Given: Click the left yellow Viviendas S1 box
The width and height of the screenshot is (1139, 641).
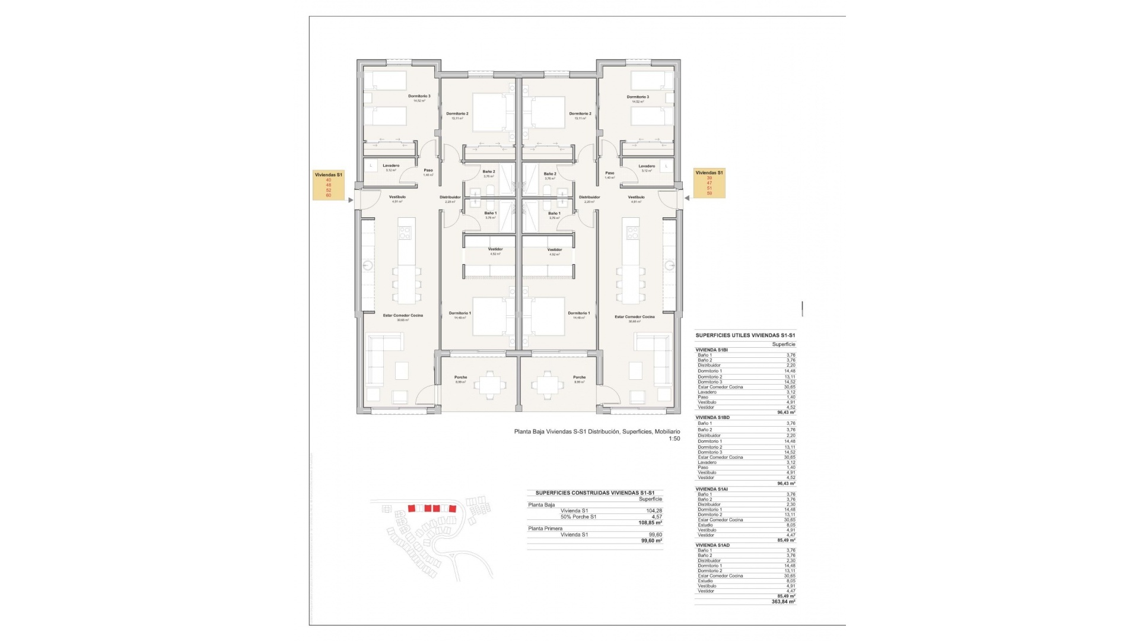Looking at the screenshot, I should point(329,185).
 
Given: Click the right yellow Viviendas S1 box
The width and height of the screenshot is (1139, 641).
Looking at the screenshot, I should point(710,183).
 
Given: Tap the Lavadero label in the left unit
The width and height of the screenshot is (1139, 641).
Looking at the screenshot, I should point(391,166).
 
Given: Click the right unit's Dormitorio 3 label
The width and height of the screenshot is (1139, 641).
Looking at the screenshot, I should point(638,97).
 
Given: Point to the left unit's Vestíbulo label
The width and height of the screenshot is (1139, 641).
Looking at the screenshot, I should point(397,197).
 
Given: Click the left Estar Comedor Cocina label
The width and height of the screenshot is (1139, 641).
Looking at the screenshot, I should point(403,316).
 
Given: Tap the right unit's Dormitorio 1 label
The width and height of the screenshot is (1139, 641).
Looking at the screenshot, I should point(578,313).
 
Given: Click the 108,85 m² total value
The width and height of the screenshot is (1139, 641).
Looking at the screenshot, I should point(651,523).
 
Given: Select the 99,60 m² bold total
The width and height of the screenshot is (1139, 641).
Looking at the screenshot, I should point(651,541).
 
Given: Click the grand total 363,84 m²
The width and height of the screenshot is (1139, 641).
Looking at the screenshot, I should point(783,601).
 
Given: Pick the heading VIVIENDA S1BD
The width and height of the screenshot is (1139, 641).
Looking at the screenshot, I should point(712,417).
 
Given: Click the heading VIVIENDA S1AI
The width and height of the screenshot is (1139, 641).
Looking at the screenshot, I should point(712,489).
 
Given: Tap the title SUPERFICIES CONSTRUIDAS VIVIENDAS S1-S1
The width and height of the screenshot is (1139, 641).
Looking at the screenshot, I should point(594,493).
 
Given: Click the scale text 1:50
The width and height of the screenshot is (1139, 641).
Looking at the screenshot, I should point(674,439).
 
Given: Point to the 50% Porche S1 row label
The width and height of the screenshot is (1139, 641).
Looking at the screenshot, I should point(578,516).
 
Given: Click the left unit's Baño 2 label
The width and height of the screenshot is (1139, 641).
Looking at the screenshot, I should point(488,172).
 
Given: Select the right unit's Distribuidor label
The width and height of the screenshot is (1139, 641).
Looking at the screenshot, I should point(589,197).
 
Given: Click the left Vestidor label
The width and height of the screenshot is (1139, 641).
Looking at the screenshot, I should point(495,249).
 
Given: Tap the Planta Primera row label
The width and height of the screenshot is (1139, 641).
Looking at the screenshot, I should point(545,528).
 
